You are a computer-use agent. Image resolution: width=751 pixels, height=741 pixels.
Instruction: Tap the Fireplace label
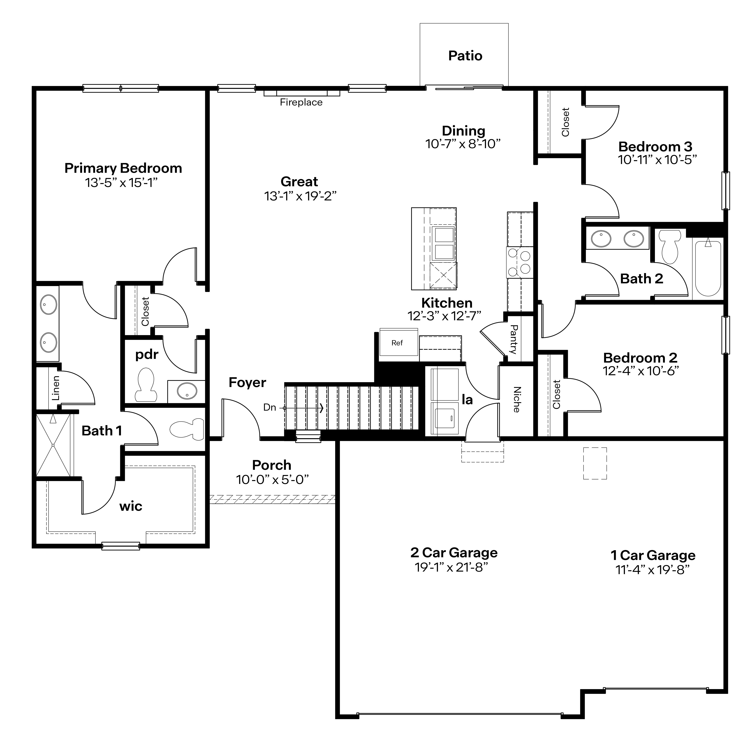(x=301, y=102)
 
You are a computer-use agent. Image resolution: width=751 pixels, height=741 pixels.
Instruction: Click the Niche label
(x=517, y=400)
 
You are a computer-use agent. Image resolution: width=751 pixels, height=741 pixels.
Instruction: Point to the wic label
(x=131, y=506)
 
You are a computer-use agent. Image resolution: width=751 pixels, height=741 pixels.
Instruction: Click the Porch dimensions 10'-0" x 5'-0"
(x=272, y=480)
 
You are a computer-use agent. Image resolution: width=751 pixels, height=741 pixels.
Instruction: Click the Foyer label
(x=247, y=382)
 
